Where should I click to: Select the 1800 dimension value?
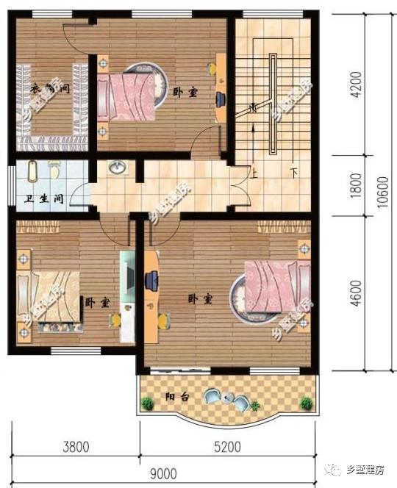[x=356, y=184]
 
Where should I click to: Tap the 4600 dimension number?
[x=356, y=293]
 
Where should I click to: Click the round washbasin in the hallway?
[x=117, y=169]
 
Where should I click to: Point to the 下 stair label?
[x=293, y=174]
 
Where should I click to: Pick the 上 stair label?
[x=254, y=174]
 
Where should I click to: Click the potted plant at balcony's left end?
[x=148, y=403]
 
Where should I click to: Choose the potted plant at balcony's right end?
[x=306, y=403]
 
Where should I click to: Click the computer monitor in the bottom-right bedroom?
[x=152, y=279]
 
